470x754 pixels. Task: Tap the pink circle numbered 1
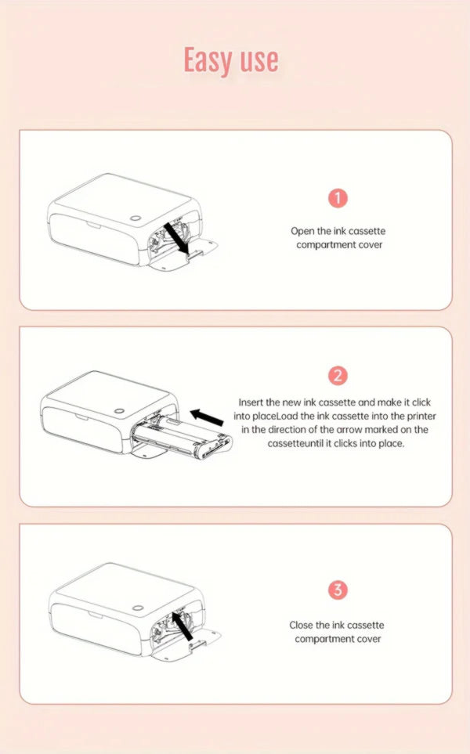(x=338, y=197)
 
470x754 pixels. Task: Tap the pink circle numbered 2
(x=338, y=376)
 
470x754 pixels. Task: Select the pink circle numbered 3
(x=338, y=590)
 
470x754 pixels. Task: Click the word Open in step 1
(x=302, y=231)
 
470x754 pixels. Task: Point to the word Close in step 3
(x=301, y=625)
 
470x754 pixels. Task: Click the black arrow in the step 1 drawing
(x=176, y=237)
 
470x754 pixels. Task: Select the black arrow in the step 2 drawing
(x=207, y=417)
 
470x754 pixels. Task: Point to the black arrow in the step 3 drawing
(x=183, y=626)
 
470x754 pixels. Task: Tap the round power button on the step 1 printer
(x=136, y=218)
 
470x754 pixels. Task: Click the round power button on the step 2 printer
(x=119, y=412)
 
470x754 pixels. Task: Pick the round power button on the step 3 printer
(x=138, y=608)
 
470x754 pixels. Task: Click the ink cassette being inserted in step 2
(x=183, y=437)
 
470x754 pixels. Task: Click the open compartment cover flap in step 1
(x=184, y=254)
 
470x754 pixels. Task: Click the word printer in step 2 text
(x=421, y=416)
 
